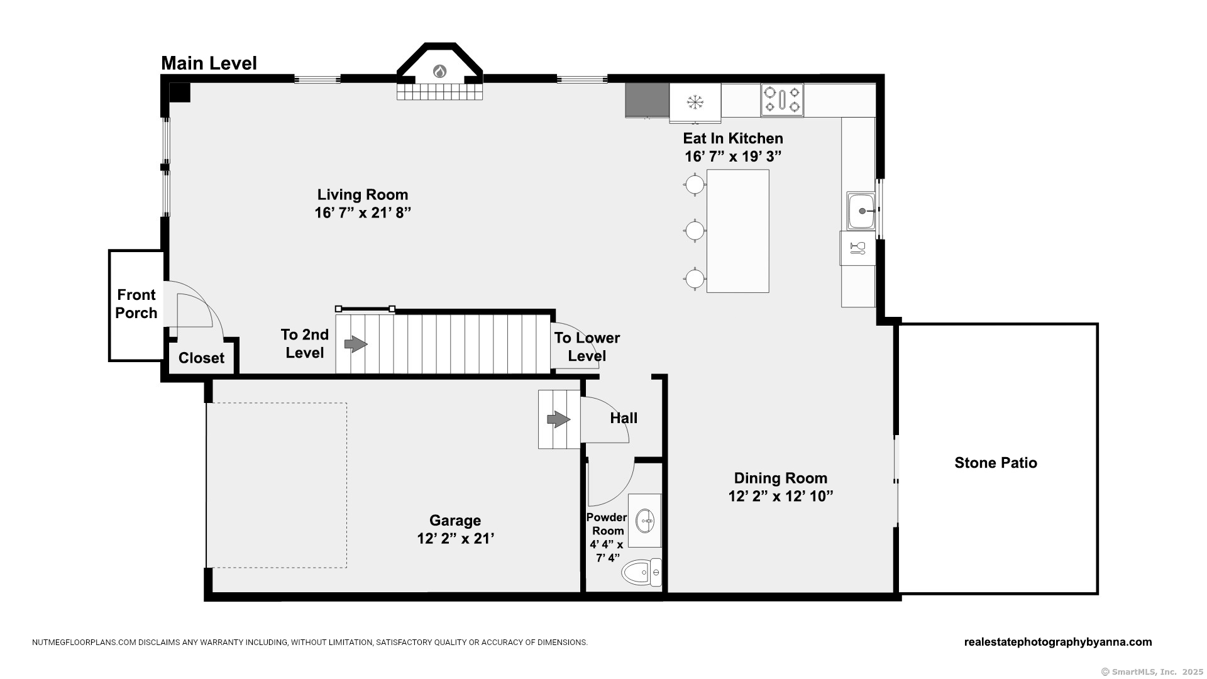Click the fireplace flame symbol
pos(439,71)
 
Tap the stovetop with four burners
pos(782,100)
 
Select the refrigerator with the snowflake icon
pos(695,102)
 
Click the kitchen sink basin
pos(861,211)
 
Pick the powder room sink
pos(645,521)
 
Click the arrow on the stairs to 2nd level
pos(356,344)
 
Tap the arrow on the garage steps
pos(558,419)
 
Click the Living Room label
pos(363,195)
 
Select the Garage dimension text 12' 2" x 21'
pos(455,539)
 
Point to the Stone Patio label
pos(996,463)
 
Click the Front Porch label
pos(136,304)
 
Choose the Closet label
pos(201,358)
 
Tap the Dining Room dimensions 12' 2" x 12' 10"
pos(781,496)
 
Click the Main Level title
pos(209,63)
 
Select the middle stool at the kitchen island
pos(695,231)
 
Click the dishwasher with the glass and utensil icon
pos(857,248)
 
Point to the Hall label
pos(624,418)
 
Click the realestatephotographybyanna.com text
pos(1058,642)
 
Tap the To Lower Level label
pos(587,346)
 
